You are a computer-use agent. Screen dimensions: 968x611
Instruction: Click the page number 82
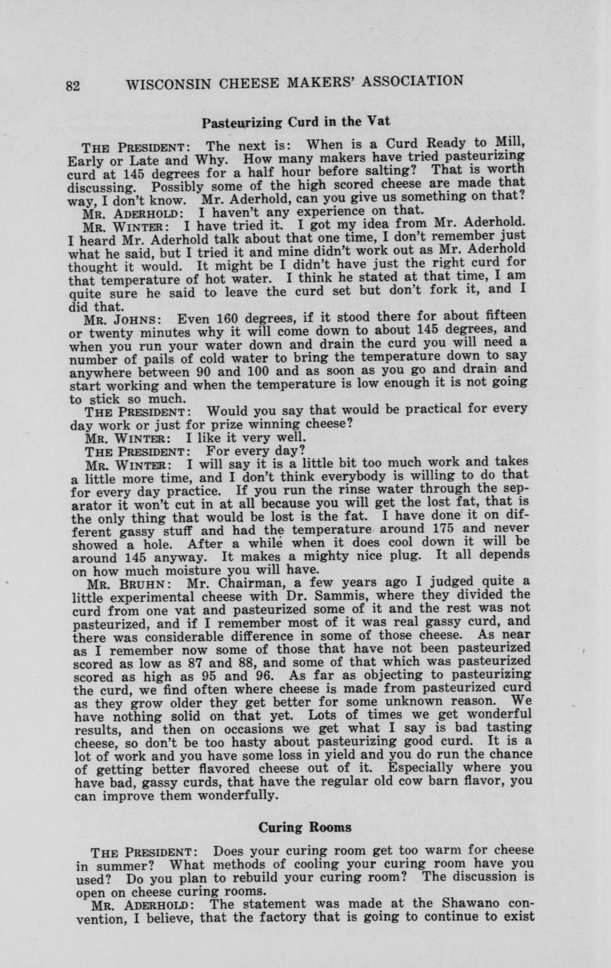[74, 86]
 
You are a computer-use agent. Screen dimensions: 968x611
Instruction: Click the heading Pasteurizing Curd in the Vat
[295, 121]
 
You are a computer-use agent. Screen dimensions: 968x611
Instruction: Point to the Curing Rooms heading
[305, 827]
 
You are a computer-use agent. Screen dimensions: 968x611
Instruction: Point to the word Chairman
[229, 582]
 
